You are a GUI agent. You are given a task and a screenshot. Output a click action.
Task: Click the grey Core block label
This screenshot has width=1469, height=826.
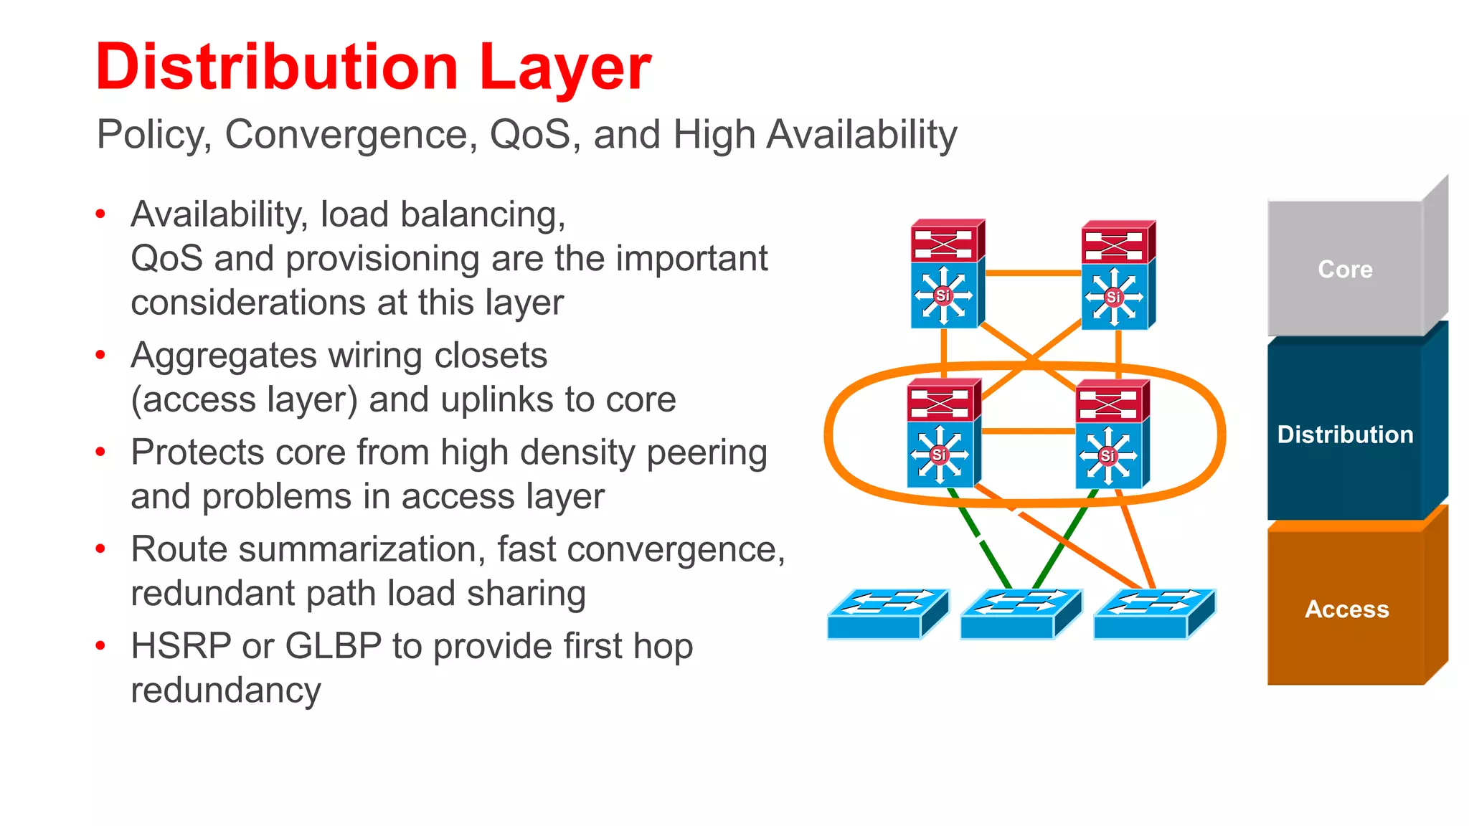pyautogui.click(x=1345, y=269)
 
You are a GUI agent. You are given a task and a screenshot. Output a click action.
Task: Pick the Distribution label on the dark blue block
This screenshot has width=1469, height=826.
pyautogui.click(x=1345, y=435)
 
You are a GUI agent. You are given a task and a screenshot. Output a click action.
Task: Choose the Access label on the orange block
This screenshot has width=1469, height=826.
pyautogui.click(x=1346, y=609)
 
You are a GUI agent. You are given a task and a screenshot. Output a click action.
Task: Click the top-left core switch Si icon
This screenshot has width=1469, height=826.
pyautogui.click(x=943, y=295)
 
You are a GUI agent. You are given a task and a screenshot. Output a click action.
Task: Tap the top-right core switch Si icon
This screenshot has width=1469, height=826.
pyautogui.click(x=1114, y=296)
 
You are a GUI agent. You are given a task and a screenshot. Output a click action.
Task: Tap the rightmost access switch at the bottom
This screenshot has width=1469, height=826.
pyautogui.click(x=1153, y=614)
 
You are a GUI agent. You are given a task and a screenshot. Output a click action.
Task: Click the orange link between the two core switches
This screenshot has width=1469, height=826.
pyautogui.click(x=1033, y=273)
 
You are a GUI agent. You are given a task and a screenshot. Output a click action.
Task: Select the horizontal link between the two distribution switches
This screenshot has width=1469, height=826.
pyautogui.click(x=1028, y=432)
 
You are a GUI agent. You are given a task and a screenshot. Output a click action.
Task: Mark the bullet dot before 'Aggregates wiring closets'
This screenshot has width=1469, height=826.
pyautogui.click(x=100, y=354)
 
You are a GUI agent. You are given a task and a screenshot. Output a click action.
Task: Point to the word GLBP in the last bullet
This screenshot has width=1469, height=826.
pyautogui.click(x=333, y=645)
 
